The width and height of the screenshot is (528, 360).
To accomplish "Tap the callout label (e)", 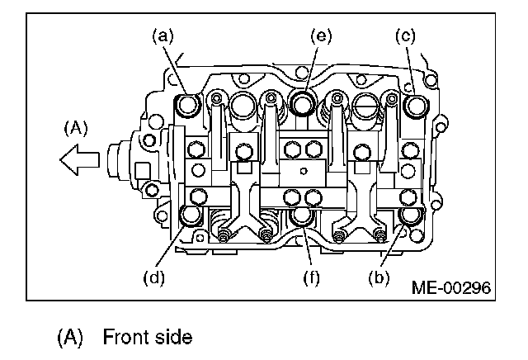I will coord(319,36).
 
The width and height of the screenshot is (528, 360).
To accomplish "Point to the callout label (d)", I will coord(153,277).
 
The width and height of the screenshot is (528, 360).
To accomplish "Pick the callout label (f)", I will coord(313,277).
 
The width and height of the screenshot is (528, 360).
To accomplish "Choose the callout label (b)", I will coord(379,277).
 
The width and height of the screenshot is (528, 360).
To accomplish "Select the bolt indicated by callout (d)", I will coord(191,217).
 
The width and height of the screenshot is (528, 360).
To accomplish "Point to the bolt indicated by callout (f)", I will coord(302,217).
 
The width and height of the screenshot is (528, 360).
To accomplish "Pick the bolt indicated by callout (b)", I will coord(409,216).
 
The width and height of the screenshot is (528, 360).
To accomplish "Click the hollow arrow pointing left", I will coord(80,159).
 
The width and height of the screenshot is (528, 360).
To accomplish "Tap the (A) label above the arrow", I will coord(76,129).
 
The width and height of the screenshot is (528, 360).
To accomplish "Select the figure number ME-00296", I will coord(450,288).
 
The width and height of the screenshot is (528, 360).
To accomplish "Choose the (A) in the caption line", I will coord(71,338).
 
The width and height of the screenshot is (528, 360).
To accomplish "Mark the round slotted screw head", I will coord(364,105).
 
